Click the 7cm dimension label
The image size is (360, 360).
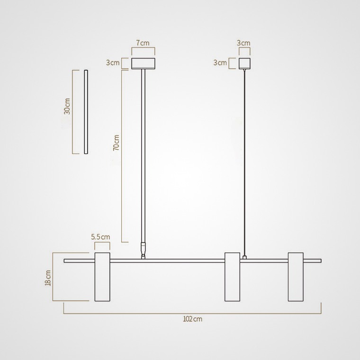point(143,43)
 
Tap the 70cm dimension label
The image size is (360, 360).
point(117,143)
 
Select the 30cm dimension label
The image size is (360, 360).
point(67,106)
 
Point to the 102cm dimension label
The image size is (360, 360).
point(193,319)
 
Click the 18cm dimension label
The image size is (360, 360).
point(48,278)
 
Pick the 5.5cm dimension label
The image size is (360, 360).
point(100,237)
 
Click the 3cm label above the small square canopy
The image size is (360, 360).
point(243,43)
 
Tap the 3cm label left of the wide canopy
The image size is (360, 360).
point(113,63)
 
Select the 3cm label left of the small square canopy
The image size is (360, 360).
point(220,63)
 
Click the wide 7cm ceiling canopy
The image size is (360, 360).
point(143,63)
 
